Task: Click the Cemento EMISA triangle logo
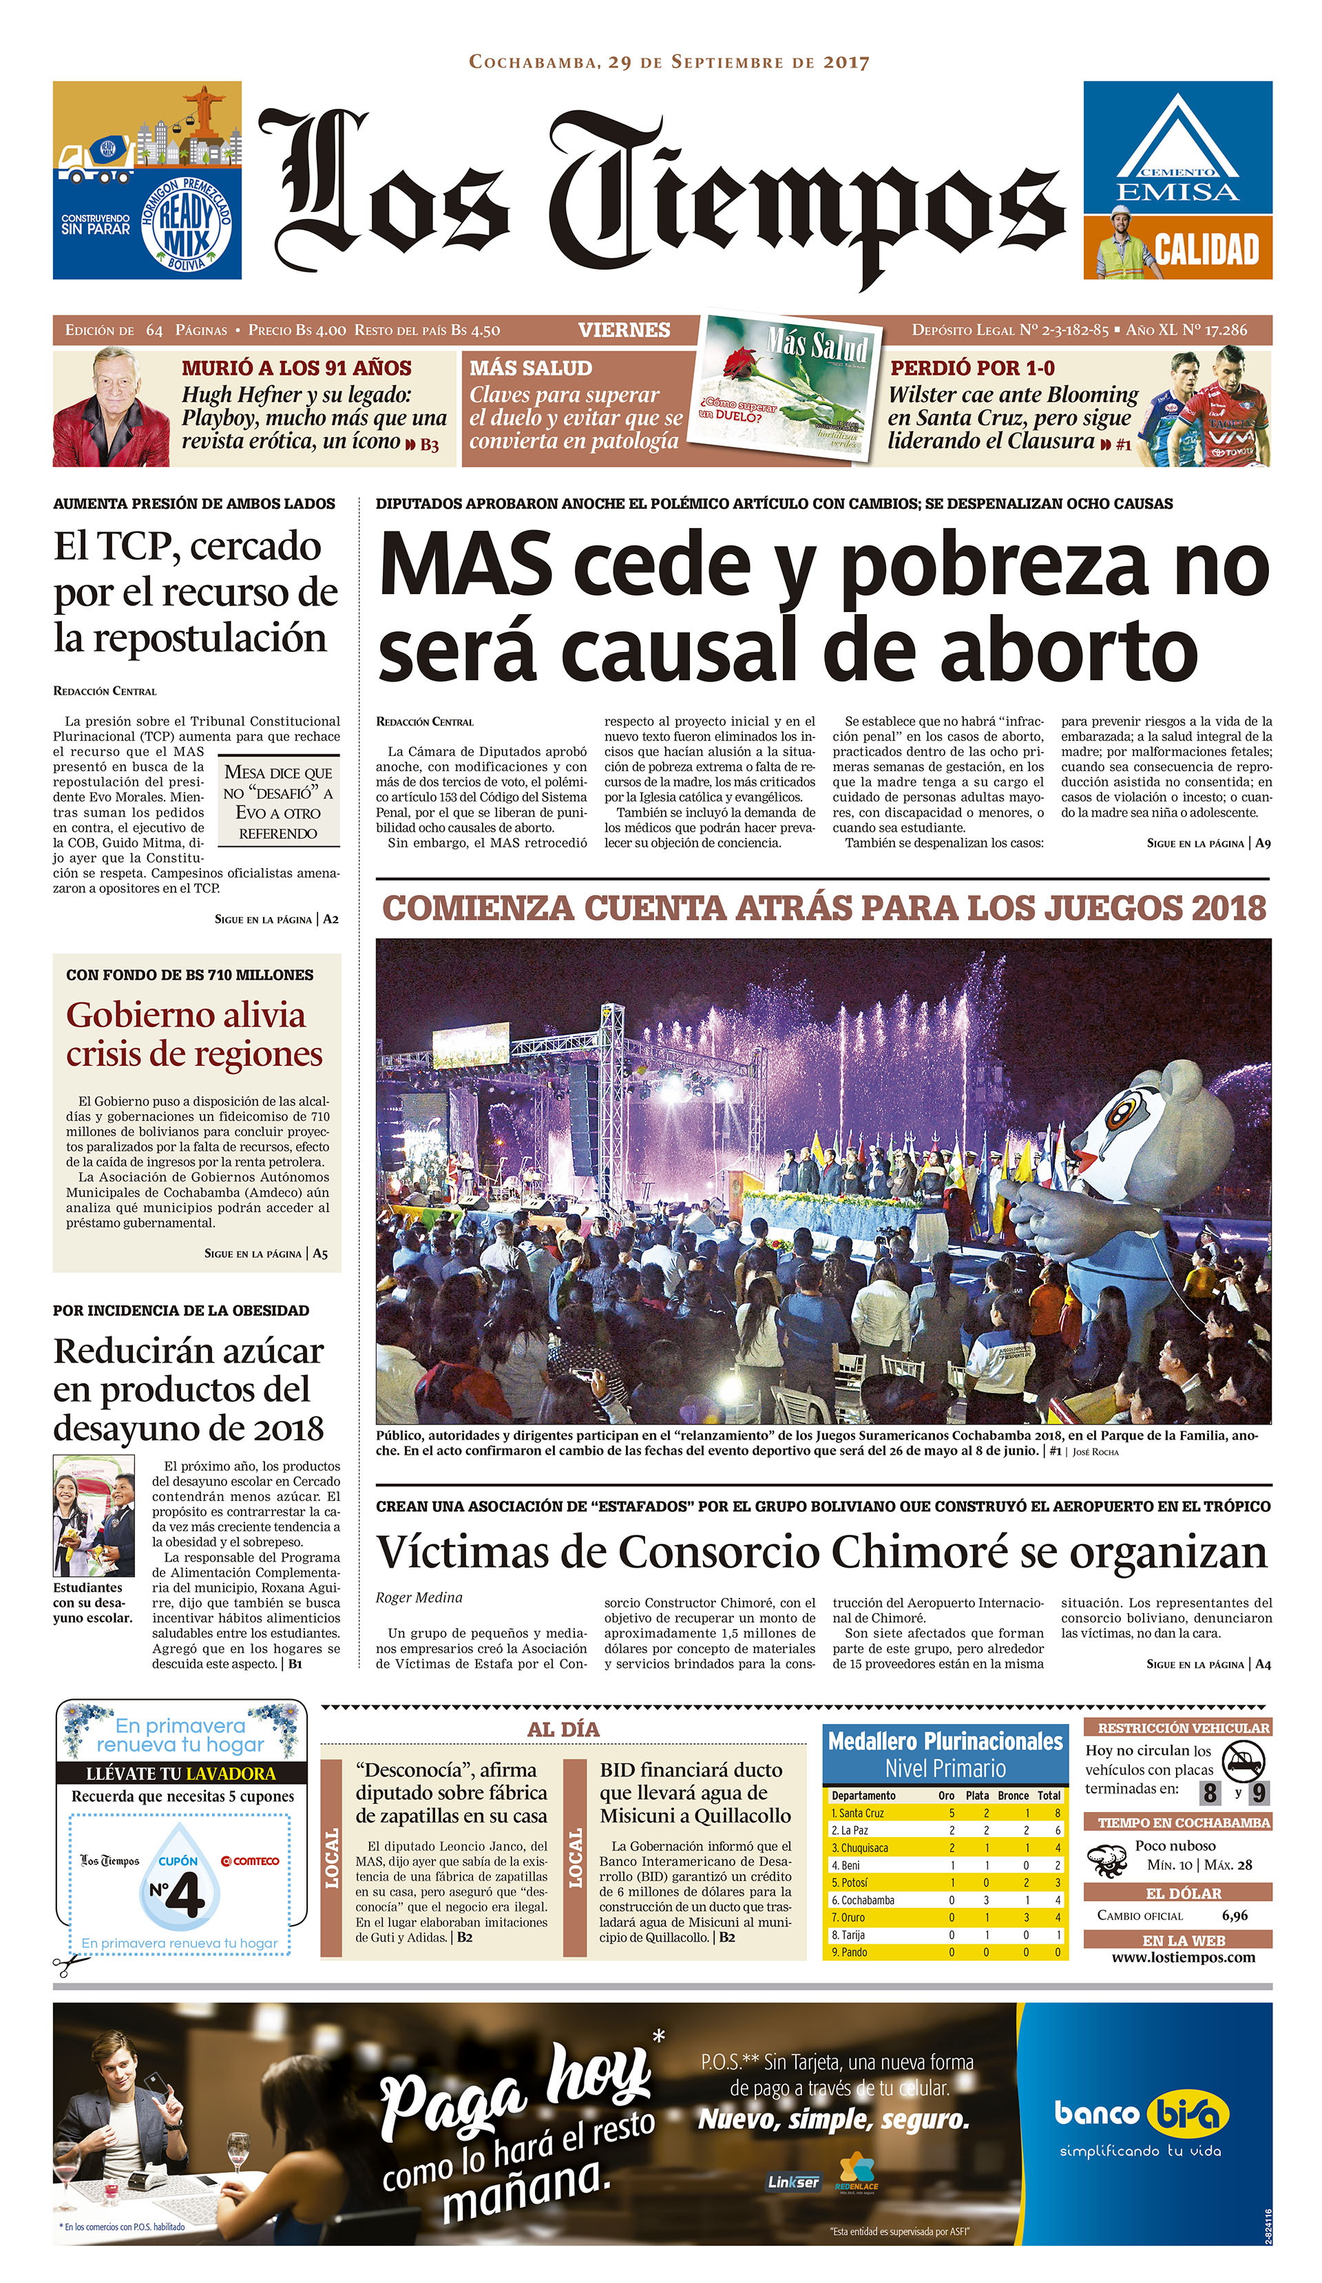tap(1176, 145)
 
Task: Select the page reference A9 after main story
tap(1262, 843)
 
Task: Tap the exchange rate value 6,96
tap(1233, 1915)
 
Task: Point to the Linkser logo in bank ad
tap(793, 2182)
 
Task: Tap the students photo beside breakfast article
tap(94, 1515)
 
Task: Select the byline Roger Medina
tap(419, 1597)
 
